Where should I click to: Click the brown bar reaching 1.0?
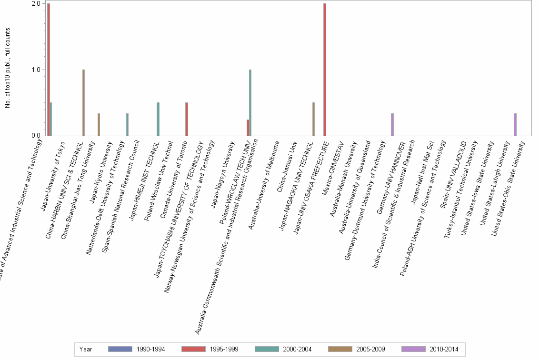click(x=83, y=102)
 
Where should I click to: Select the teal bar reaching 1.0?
click(x=250, y=102)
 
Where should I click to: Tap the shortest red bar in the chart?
click(x=248, y=128)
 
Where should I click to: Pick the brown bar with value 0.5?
click(x=313, y=119)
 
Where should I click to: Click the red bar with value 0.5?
click(x=186, y=119)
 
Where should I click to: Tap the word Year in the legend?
click(x=86, y=350)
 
